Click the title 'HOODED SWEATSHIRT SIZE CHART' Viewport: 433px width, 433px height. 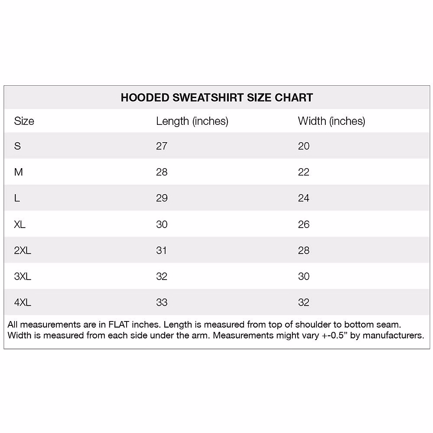click(216, 97)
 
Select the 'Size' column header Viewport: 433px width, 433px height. click(24, 121)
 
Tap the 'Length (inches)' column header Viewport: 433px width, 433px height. click(192, 121)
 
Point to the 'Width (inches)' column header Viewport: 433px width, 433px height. click(331, 121)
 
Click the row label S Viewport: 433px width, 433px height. click(17, 146)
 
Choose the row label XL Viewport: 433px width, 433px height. click(20, 224)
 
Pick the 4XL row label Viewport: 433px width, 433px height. click(22, 302)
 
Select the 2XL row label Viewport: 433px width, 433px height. click(22, 250)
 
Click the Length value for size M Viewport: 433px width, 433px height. click(162, 172)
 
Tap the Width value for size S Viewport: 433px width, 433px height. click(303, 146)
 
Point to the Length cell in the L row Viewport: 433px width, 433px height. click(162, 198)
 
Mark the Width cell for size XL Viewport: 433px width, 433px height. click(303, 224)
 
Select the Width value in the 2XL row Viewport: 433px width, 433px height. click(303, 250)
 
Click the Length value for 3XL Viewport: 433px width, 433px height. click(162, 276)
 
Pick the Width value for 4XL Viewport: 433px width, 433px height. click(303, 302)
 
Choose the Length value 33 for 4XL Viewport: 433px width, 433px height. click(162, 302)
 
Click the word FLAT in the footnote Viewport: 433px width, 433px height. click(119, 325)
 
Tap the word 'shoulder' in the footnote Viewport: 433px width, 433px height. click(308, 325)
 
